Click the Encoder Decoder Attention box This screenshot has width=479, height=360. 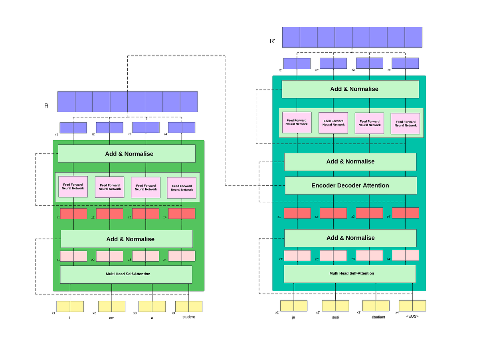point(350,185)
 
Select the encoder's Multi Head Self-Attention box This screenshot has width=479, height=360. point(126,274)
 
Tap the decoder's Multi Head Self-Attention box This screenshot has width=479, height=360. point(350,274)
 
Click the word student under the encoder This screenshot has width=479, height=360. point(188,317)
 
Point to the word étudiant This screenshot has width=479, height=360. point(376,317)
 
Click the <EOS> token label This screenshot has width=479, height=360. point(412,316)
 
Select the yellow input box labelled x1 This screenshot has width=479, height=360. point(70,306)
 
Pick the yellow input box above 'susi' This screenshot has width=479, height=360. point(335,306)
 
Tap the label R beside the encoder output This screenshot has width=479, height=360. point(46,106)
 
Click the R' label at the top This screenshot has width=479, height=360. point(272,41)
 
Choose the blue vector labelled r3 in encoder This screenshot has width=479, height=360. point(146,127)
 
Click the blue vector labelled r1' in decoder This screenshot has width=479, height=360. point(297,64)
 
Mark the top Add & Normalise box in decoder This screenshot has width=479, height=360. point(350,89)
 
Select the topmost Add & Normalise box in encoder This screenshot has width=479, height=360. point(127,153)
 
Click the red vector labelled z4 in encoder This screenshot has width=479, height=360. point(182,214)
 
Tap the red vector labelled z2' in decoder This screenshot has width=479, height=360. point(333,213)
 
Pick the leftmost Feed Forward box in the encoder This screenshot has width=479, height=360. point(73,187)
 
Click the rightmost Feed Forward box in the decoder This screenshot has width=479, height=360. point(405,123)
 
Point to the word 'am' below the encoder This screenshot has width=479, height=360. point(112,318)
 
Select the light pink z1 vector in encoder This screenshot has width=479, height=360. point(74,256)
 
